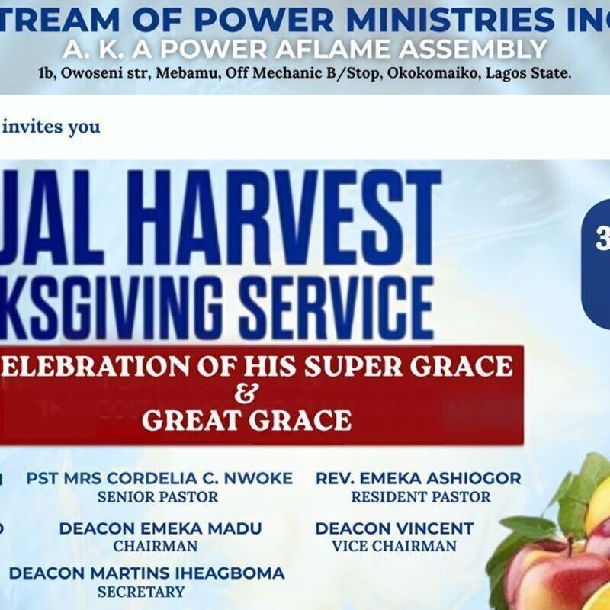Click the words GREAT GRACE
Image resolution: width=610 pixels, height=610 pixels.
(x=246, y=420)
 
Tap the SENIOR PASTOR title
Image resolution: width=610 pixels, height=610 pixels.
(x=158, y=497)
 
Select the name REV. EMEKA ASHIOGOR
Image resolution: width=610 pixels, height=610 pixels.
(x=419, y=479)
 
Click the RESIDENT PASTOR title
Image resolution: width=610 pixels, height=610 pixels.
(x=421, y=497)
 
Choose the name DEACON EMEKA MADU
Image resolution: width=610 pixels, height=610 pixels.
(x=160, y=528)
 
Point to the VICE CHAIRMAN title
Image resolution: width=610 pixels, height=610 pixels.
(x=394, y=546)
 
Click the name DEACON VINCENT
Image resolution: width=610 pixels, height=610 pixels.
(x=394, y=528)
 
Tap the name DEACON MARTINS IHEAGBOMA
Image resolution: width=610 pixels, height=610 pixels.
(x=146, y=573)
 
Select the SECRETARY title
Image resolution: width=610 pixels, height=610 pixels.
(x=141, y=592)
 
